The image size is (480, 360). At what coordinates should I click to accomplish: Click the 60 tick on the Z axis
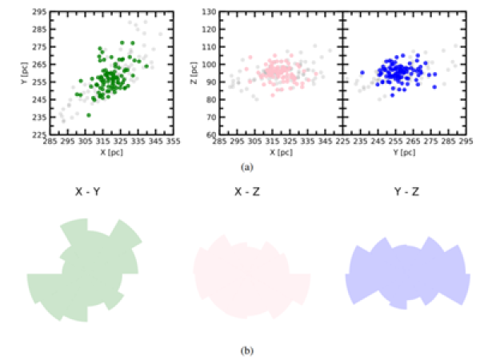coord(211,134)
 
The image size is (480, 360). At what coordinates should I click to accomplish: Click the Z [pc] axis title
coord(196,74)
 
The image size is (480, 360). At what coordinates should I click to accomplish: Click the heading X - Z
coord(250,191)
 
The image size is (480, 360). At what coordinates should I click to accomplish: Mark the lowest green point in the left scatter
coord(89,114)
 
